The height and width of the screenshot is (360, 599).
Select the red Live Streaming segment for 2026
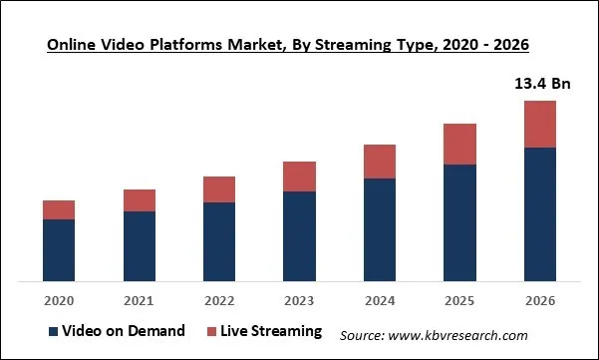coord(540,124)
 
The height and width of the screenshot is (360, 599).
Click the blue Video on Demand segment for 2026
coord(540,213)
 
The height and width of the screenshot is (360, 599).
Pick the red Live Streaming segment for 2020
coord(59,209)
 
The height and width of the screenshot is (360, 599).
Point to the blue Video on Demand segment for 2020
coord(59,249)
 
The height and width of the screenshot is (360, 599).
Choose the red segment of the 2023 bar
coord(299,177)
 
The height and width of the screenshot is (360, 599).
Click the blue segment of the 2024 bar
coord(380,229)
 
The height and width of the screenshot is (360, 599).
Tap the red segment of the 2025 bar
coord(459,144)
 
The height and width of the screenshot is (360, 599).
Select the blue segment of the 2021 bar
coord(140,245)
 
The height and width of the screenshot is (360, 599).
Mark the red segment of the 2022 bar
coord(219,189)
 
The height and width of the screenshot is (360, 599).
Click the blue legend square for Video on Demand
coord(52,331)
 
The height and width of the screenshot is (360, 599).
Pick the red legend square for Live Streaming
coord(212,331)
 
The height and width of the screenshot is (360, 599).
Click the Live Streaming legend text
coord(272,331)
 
